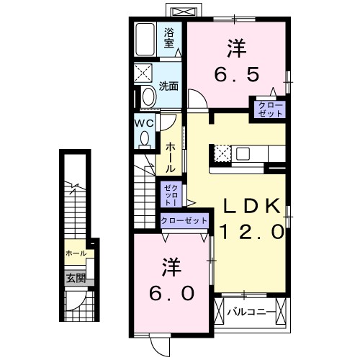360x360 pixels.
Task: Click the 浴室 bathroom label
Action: tap(170, 37)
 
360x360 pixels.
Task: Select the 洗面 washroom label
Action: tap(169, 85)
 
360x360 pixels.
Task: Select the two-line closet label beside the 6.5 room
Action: tap(268, 109)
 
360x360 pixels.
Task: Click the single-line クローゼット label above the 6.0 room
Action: tap(184, 221)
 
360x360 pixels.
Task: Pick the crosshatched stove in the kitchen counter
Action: tap(222, 153)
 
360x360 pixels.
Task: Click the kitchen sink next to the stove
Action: tap(242, 153)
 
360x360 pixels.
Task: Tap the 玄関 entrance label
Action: tap(76, 278)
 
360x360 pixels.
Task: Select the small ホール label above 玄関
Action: tap(76, 253)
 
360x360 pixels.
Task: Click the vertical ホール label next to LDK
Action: tap(170, 156)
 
